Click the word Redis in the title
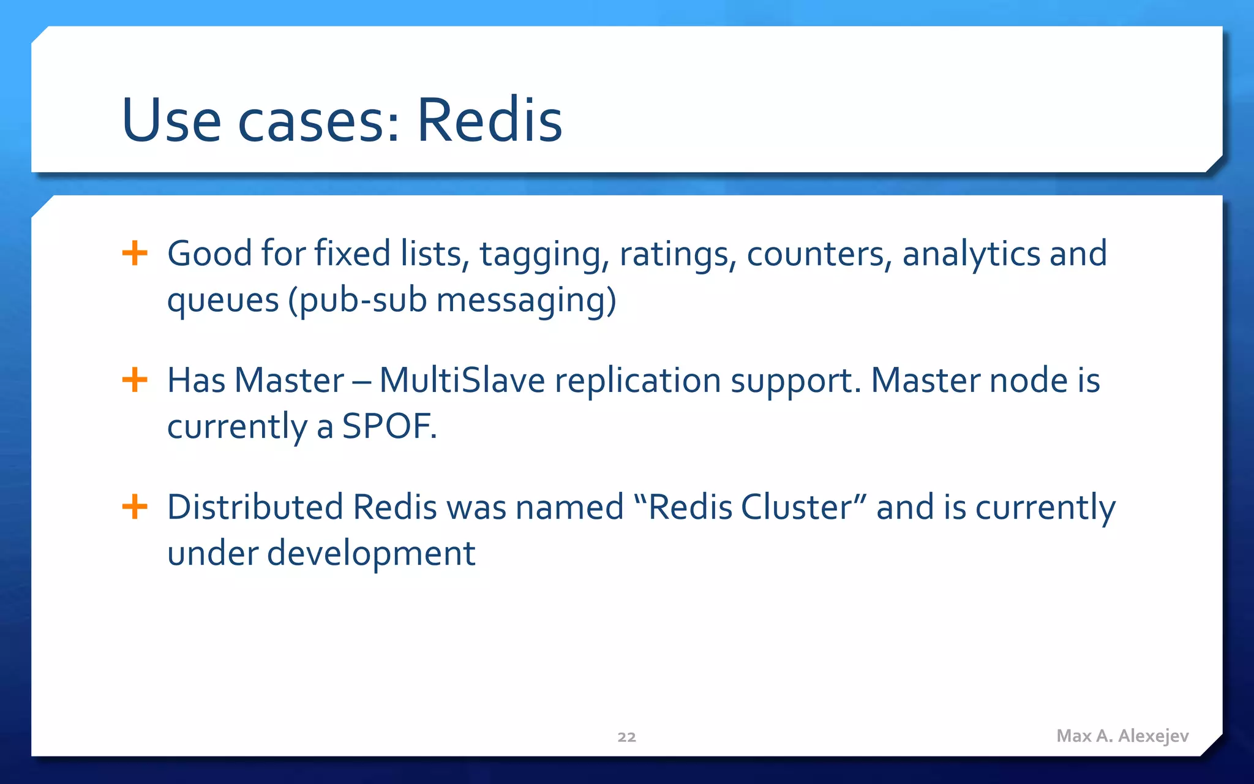pos(489,121)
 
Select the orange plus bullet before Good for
pos(135,253)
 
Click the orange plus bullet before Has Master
pos(135,380)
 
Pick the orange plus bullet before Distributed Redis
pos(135,507)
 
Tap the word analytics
pos(971,254)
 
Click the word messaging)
pos(526,301)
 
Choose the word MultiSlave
pos(462,380)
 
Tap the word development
pos(371,553)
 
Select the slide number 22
pos(626,737)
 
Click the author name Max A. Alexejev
pos(1122,736)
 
